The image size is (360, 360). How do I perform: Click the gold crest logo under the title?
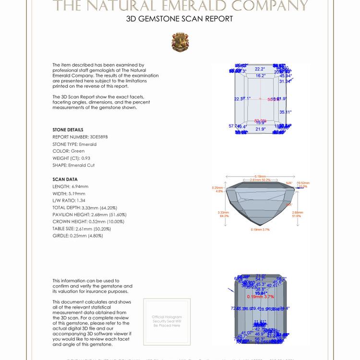point(180,42)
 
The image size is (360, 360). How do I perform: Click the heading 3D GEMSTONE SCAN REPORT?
point(180,19)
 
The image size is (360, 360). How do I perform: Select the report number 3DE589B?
point(99,137)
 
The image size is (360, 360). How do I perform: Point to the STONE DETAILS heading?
point(68,130)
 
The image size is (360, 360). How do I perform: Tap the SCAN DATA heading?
point(65,180)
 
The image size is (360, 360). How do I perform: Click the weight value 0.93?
point(85,158)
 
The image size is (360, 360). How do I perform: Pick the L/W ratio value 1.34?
point(82,200)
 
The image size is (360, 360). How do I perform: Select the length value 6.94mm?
point(80,186)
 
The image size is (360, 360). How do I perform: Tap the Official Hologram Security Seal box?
point(167,322)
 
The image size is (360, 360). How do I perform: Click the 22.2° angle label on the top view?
point(260,69)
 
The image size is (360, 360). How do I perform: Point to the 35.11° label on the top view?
point(285,112)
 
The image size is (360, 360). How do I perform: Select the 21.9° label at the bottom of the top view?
point(260,129)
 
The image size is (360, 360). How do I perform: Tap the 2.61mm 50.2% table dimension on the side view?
point(260,180)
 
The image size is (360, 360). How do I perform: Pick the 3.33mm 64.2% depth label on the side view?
point(223,214)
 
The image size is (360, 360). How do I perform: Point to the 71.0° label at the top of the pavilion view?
point(260,276)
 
